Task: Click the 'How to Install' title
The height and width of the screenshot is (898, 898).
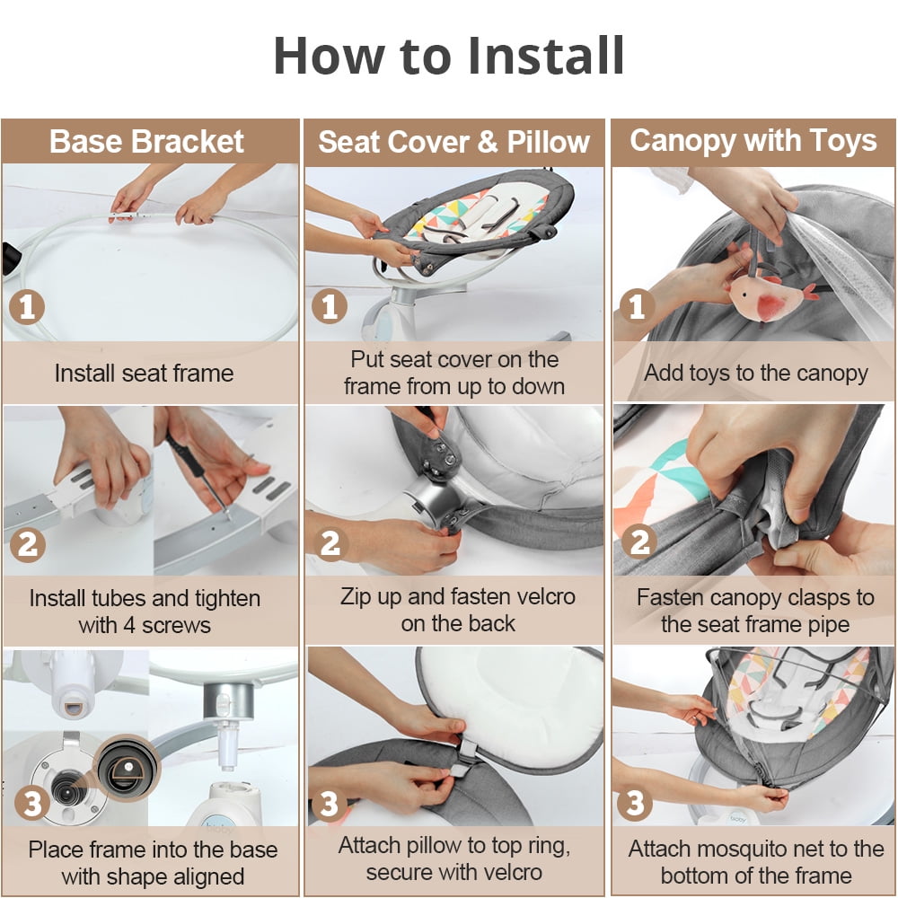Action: (x=449, y=56)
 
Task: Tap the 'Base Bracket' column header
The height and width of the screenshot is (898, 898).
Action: (x=146, y=142)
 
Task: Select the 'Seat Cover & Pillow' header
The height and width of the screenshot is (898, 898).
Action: (x=453, y=142)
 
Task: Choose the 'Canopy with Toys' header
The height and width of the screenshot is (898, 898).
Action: (x=753, y=142)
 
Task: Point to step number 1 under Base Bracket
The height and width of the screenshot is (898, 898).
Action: (x=27, y=307)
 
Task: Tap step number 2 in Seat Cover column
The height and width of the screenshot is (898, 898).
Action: (x=330, y=543)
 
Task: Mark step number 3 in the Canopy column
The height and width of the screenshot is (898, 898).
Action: (x=635, y=803)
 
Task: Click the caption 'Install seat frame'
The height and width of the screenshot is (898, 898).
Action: (x=145, y=374)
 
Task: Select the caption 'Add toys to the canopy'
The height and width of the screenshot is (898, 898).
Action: (x=756, y=374)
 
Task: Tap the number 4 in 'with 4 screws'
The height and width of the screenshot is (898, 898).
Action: (x=130, y=625)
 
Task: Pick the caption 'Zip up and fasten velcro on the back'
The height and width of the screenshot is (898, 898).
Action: (x=458, y=610)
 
